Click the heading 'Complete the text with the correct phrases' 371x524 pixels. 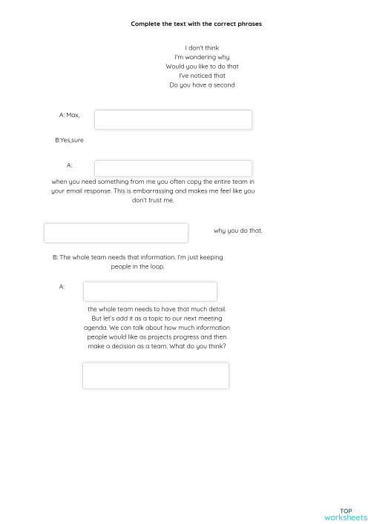196,24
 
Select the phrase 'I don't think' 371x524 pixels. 202,48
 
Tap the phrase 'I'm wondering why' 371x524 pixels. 202,57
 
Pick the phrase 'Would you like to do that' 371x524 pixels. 202,66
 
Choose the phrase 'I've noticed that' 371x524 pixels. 202,76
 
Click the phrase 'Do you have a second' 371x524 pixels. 202,84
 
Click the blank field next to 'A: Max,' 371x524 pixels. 173,119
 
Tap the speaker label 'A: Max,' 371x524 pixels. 69,115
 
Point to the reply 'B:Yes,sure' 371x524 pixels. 69,139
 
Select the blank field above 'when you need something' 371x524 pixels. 173,168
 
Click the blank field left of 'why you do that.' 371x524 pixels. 116,233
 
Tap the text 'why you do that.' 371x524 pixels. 237,231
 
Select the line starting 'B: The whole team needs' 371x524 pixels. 138,257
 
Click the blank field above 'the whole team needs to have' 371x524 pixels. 150,291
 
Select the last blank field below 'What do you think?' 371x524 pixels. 155,376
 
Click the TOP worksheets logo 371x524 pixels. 345,514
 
